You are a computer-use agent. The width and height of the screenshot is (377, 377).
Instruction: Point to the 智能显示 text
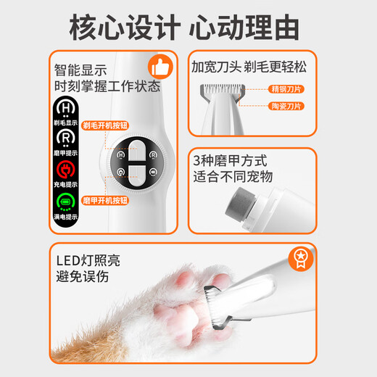(x=80, y=71)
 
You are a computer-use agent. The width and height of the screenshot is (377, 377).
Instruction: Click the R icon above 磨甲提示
(x=68, y=138)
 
